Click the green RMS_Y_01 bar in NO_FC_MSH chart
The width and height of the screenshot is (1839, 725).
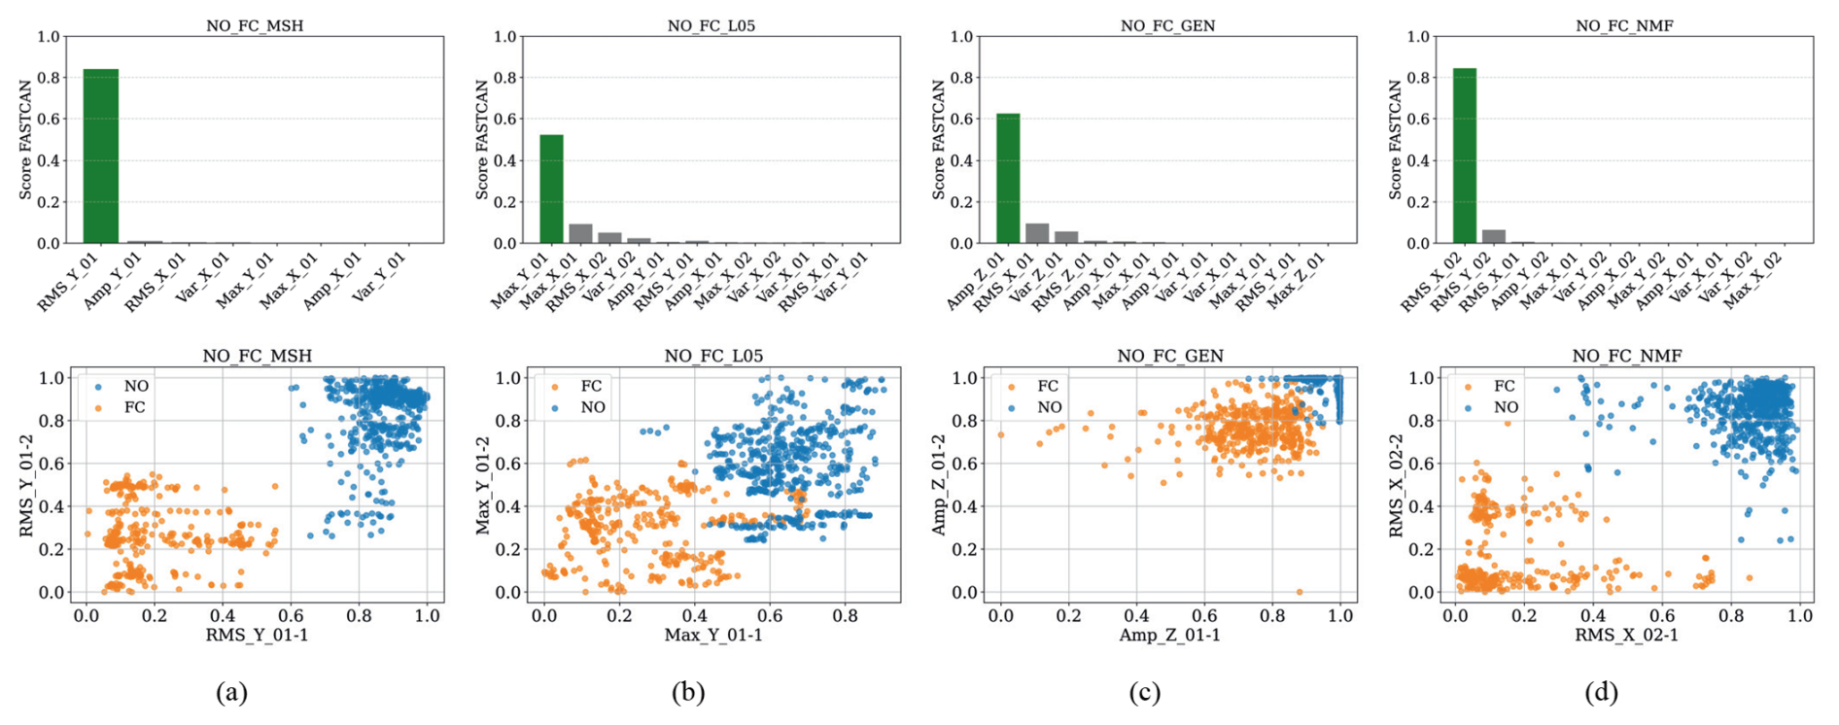(101, 155)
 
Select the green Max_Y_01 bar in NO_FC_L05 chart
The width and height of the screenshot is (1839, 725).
(551, 189)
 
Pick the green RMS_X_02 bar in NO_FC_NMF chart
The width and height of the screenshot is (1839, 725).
(1464, 155)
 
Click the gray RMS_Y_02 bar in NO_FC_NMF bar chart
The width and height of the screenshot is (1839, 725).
(1493, 236)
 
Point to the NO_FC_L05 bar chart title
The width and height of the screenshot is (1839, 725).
(711, 26)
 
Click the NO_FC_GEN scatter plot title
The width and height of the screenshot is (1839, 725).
(1169, 356)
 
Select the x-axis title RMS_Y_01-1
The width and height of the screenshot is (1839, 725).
(257, 635)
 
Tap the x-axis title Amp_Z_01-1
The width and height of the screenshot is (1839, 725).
(1169, 635)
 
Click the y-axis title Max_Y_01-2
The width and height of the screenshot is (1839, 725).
(483, 484)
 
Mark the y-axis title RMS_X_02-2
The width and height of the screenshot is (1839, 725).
(1396, 484)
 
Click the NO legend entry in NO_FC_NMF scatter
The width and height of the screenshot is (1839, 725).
(1505, 407)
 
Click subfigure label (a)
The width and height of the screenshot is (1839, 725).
(231, 692)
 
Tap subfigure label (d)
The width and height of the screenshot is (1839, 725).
(1601, 692)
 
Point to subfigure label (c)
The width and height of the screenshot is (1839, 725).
(1144, 692)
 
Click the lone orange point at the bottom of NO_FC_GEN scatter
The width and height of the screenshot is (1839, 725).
(1300, 592)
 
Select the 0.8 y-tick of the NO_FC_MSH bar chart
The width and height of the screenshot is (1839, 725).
(49, 78)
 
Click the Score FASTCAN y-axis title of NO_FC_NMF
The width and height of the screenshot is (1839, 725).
(1396, 140)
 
